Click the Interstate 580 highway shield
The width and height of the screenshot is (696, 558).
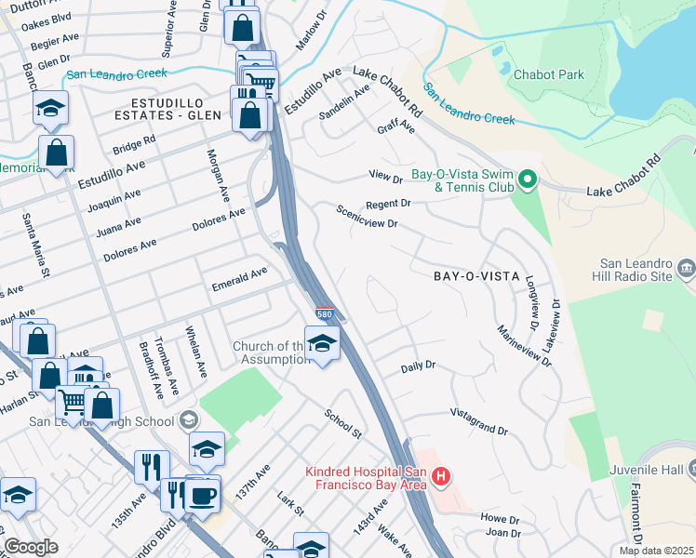tap(323, 315)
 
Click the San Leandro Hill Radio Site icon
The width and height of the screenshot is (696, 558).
tap(686, 269)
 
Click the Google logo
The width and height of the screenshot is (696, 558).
tap(30, 547)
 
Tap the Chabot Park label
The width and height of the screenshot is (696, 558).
tap(549, 73)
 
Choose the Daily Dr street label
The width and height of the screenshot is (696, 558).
tap(418, 366)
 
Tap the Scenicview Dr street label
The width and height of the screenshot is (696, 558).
tap(368, 217)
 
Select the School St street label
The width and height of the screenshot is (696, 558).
tap(343, 423)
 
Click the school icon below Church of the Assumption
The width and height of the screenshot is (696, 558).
tap(322, 346)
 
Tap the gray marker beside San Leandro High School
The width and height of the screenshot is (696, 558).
tap(191, 420)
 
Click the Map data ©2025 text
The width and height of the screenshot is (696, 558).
tap(656, 551)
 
